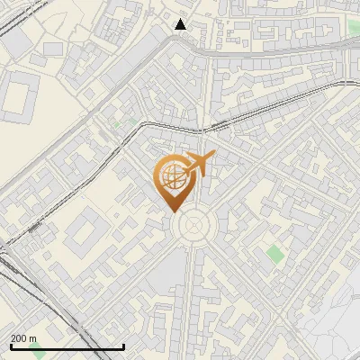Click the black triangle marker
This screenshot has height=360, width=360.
(181, 24)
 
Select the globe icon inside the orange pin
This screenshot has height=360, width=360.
(171, 177)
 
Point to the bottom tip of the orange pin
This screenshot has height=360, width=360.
(172, 211)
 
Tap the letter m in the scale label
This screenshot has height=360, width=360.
(33, 338)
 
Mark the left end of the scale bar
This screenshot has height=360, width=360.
(10, 347)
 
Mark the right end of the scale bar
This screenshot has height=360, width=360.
(123, 347)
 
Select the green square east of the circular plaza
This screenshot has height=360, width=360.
(274, 254)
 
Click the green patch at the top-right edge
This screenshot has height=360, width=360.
(354, 28)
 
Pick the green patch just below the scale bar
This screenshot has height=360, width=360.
(36, 354)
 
